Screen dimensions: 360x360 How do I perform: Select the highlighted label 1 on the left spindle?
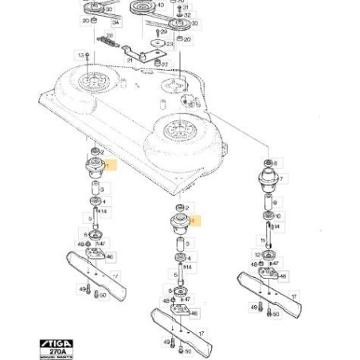[x=112, y=166]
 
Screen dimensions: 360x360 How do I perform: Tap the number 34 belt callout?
[x=115, y=24]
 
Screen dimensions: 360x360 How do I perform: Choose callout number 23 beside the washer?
[x=169, y=45]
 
